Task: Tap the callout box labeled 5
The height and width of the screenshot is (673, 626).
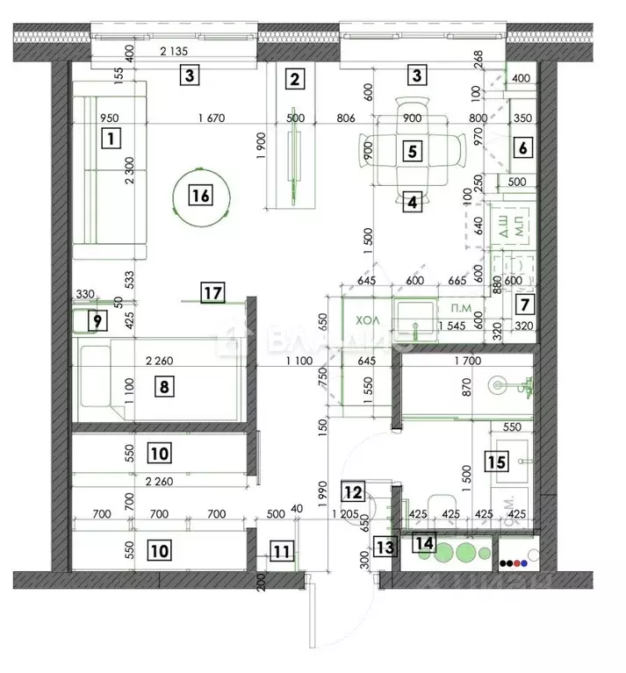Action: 410,150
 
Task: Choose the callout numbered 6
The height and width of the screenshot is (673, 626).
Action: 522,148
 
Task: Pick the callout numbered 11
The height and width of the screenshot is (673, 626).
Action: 280,552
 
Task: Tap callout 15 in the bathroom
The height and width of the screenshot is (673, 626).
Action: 497,461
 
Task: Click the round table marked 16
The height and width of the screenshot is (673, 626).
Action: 201,196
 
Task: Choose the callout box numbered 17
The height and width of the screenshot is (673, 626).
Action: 212,293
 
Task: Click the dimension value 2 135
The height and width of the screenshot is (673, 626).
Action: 176,52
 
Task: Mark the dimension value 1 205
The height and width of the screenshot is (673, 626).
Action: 348,513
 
